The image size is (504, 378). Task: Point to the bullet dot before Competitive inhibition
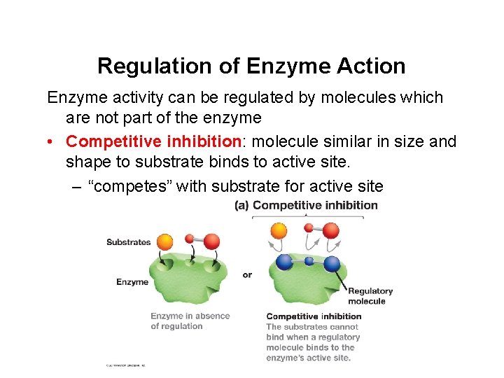[52, 142]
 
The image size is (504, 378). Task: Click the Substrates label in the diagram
[128, 242]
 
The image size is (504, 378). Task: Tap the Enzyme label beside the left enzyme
[132, 282]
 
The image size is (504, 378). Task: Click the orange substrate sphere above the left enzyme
[165, 241]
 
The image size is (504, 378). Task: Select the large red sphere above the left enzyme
[211, 242]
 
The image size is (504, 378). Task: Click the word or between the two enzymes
[247, 274]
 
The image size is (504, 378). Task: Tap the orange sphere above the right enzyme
[279, 230]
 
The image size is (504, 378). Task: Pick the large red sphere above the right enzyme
[330, 230]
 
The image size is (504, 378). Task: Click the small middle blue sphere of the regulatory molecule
[309, 261]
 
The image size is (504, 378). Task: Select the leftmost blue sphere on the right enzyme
[285, 262]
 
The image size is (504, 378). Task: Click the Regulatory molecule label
[370, 296]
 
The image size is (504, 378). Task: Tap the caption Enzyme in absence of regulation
[190, 321]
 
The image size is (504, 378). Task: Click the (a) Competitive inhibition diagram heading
[306, 205]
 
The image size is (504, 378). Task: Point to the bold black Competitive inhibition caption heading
[314, 316]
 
